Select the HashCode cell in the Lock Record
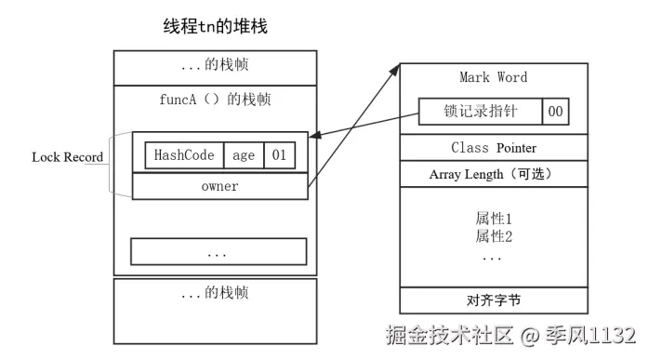(183, 155)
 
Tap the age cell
(243, 155)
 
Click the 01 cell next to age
(279, 155)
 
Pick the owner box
(219, 186)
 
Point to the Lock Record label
(67, 156)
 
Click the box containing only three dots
(218, 251)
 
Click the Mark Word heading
(493, 77)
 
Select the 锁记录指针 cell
(480, 112)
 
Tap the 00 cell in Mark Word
(554, 112)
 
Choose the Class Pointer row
(493, 148)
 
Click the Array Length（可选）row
(493, 174)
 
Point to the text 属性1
(494, 219)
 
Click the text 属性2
(494, 236)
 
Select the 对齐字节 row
(494, 300)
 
